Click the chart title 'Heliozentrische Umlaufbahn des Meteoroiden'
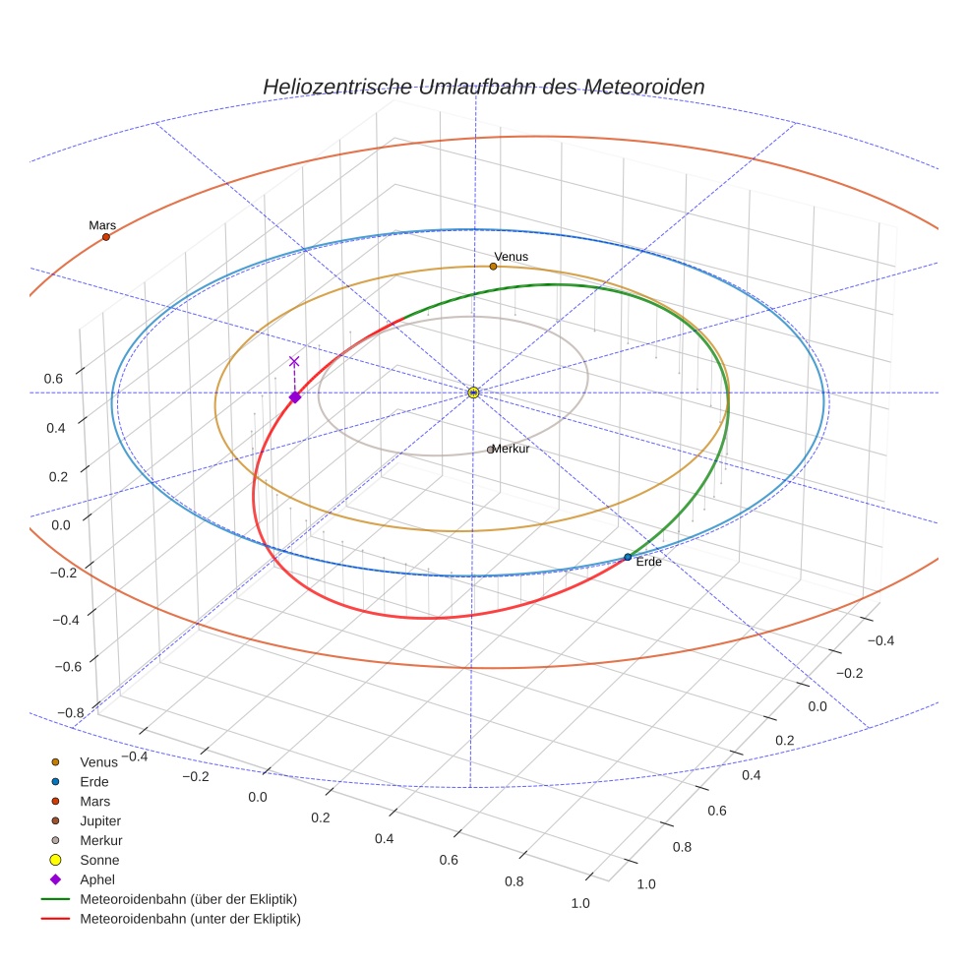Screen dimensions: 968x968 tap(483, 87)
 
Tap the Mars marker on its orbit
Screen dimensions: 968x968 tap(106, 237)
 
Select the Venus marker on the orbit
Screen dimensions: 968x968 tap(493, 267)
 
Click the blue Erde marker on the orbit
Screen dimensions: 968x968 tap(628, 558)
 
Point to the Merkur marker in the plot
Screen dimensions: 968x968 tap(491, 450)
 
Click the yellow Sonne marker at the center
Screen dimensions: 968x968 tap(473, 393)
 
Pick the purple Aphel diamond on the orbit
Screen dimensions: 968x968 tap(294, 397)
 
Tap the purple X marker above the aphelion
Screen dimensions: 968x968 tap(293, 361)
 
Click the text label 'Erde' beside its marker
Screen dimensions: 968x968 tap(649, 562)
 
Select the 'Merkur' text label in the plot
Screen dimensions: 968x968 tap(512, 449)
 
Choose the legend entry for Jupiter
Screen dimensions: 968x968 tap(99, 820)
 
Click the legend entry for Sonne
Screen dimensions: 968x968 tap(99, 860)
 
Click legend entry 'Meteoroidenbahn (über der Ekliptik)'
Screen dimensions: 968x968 tap(188, 899)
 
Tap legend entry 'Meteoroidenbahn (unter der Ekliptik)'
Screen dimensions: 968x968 tap(190, 919)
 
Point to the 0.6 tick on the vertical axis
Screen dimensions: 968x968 tap(54, 378)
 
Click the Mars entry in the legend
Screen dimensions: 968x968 tap(94, 801)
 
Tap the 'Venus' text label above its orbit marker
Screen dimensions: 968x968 tap(511, 257)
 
